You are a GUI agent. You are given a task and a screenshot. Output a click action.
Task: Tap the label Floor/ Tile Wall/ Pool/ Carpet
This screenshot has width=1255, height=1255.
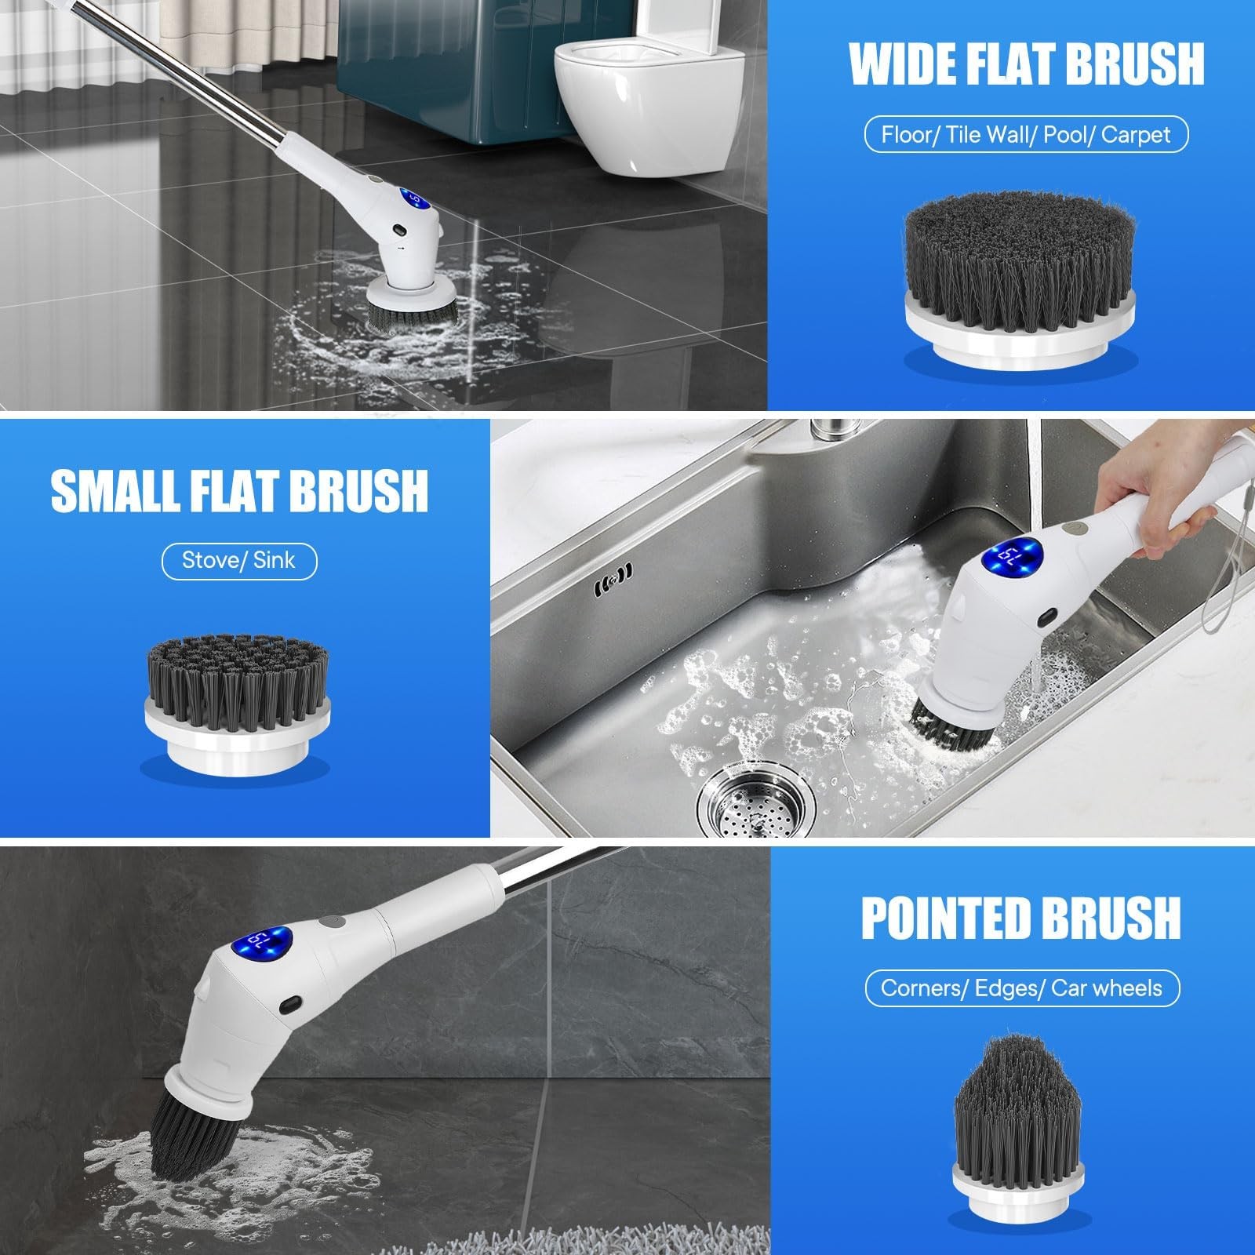[x=1025, y=135]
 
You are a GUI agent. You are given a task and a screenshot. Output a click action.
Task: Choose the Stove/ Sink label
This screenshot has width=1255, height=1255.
[x=239, y=561]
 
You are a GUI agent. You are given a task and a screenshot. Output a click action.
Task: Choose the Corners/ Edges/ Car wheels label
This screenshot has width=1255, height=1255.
[x=1021, y=988]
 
